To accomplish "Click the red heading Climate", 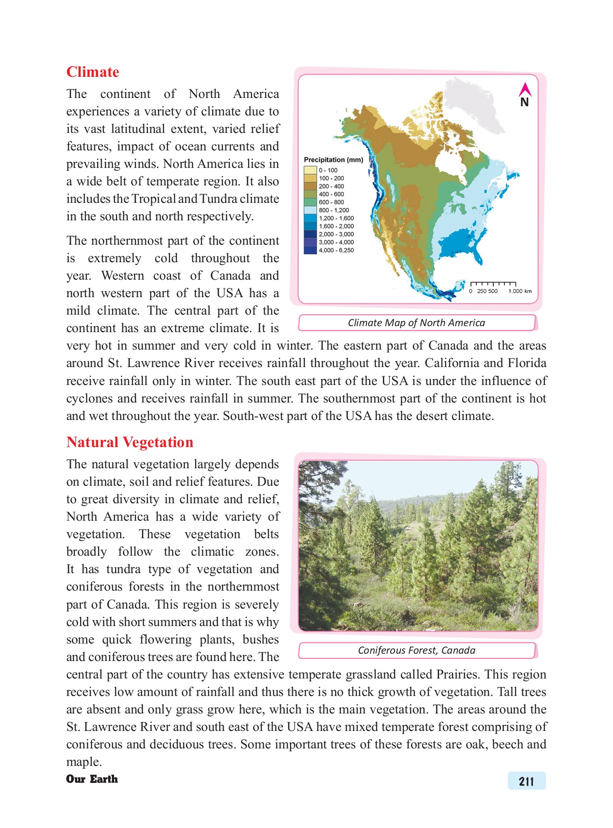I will click(93, 72).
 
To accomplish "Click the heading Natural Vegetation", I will click(130, 443).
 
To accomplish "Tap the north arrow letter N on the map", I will click(524, 103).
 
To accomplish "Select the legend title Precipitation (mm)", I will click(333, 160).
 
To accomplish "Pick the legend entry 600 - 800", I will click(331, 202).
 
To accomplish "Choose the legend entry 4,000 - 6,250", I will click(336, 251).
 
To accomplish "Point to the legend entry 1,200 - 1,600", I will click(336, 218).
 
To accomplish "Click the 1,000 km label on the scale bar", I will click(520, 291).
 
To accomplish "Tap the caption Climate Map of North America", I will click(416, 323).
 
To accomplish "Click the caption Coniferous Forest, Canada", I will click(416, 650).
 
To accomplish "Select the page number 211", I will click(526, 782).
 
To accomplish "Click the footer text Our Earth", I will click(92, 779).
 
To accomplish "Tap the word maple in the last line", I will click(83, 762).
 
